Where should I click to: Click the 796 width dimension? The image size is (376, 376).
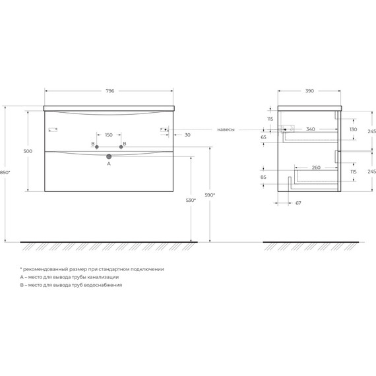point(110,90)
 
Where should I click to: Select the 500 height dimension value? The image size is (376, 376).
point(28,152)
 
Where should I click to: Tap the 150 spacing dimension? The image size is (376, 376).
point(109,133)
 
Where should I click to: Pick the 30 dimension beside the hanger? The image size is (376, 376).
point(188,135)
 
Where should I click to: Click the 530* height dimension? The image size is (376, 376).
point(191,200)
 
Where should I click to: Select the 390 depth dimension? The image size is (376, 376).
point(309,90)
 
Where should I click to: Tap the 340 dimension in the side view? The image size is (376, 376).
point(309,129)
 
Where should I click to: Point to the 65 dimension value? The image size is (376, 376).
point(263,137)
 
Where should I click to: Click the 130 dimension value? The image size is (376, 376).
point(353,129)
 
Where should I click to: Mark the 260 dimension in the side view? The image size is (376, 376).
point(315,168)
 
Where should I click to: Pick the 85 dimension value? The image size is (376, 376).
point(263,177)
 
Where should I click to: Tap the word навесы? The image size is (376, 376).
point(227,129)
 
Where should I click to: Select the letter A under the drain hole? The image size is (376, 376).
point(109,164)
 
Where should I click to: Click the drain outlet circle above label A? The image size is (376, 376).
point(109,156)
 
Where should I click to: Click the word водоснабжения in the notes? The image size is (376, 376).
point(104,285)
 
